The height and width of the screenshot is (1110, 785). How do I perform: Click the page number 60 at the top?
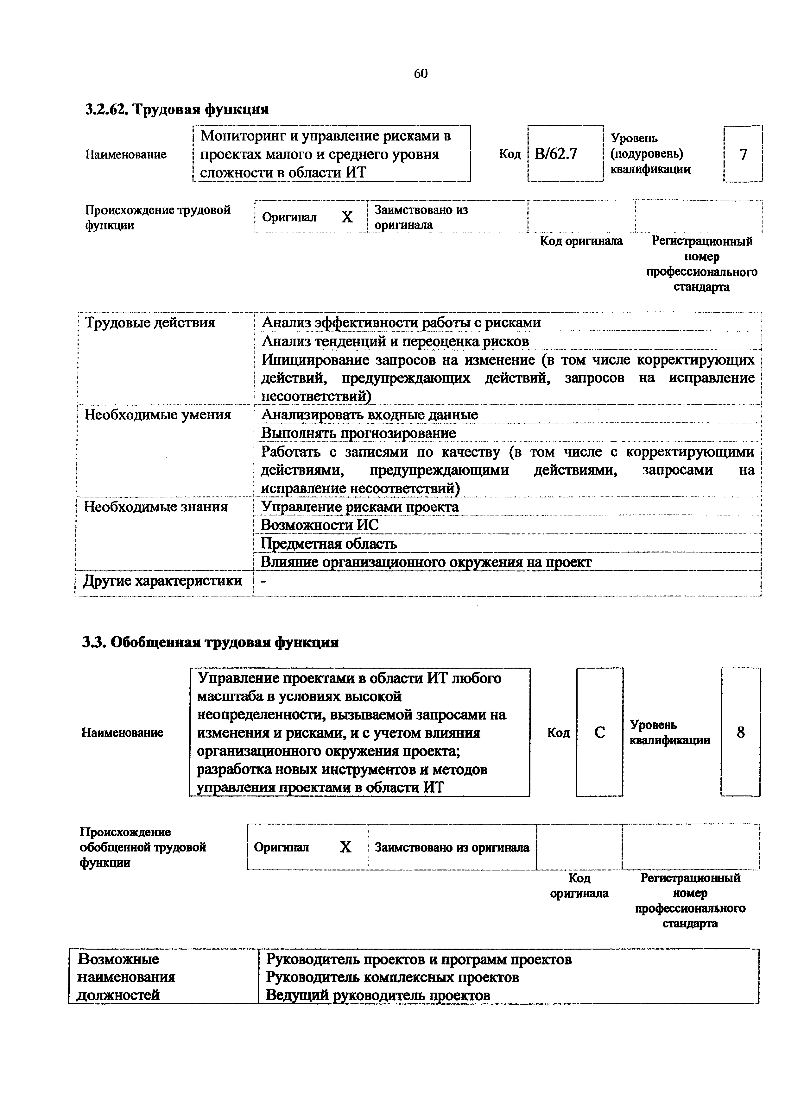pyautogui.click(x=420, y=73)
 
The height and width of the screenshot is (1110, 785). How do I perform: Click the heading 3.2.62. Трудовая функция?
pyautogui.click(x=177, y=109)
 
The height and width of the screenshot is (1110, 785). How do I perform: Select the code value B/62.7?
pyautogui.click(x=556, y=154)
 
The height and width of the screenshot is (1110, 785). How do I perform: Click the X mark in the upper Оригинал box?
pyautogui.click(x=347, y=218)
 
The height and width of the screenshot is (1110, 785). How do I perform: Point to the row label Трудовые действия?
pyautogui.click(x=150, y=322)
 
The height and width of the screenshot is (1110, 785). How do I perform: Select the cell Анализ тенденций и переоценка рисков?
pyautogui.click(x=395, y=341)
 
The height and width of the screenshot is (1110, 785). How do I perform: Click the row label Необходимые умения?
pyautogui.click(x=158, y=415)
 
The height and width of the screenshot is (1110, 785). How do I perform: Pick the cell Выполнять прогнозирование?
pyautogui.click(x=358, y=433)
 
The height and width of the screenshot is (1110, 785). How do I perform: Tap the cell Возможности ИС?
pyautogui.click(x=320, y=525)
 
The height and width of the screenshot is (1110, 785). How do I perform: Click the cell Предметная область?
pyautogui.click(x=329, y=544)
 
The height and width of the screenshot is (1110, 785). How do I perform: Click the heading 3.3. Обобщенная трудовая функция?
pyautogui.click(x=210, y=643)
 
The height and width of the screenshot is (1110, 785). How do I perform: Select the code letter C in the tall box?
pyautogui.click(x=599, y=733)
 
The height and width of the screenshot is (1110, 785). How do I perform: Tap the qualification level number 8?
pyautogui.click(x=740, y=733)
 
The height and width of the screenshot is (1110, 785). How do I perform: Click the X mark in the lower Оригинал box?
pyautogui.click(x=345, y=847)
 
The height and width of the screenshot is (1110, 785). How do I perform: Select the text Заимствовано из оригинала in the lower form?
pyautogui.click(x=452, y=847)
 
